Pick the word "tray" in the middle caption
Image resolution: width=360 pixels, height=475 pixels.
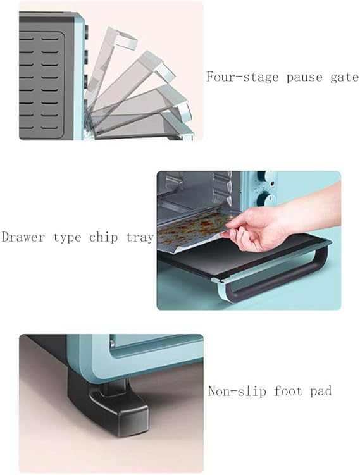tap(139, 238)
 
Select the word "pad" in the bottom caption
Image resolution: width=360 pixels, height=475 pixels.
tap(322, 391)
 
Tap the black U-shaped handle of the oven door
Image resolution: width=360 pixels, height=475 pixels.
tap(278, 278)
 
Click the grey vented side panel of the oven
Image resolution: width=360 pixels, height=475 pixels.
tap(44, 76)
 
